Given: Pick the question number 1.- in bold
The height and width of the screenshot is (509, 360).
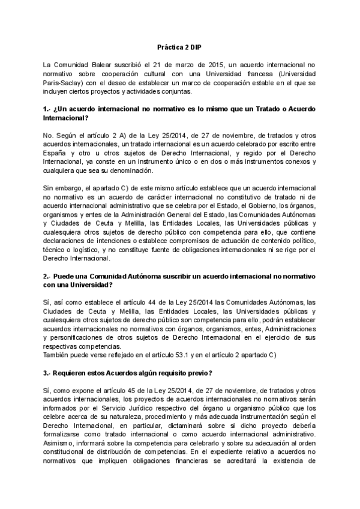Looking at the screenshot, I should click(x=47, y=109).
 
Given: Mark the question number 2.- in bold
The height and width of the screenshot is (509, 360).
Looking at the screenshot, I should click(x=47, y=276).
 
